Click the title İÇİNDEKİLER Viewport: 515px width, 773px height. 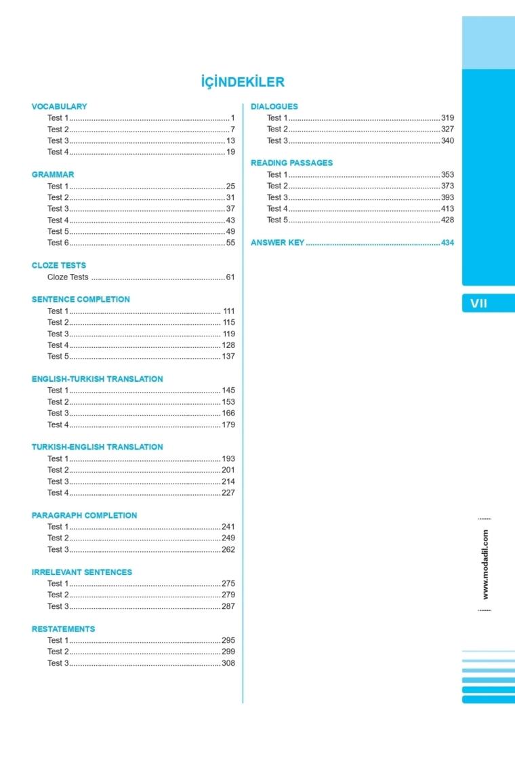pos(243,82)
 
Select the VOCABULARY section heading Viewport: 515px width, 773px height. pos(59,106)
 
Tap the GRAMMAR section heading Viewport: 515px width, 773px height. pos(53,174)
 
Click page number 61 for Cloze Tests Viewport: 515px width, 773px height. pos(230,277)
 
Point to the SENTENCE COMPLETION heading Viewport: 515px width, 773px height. pos(81,299)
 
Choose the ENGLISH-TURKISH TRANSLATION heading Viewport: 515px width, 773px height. pos(97,379)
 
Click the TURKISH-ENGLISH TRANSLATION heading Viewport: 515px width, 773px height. pos(97,447)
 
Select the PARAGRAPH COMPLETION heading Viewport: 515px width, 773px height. pos(84,515)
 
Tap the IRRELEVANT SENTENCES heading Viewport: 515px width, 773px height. pos(82,572)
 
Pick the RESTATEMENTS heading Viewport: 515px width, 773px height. pos(63,629)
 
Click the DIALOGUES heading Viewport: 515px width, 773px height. pos(274,106)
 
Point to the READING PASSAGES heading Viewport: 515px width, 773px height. pos(292,163)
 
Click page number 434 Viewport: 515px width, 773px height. pos(447,243)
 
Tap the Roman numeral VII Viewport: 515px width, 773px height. pos(478,304)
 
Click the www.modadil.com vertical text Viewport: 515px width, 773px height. pos(485,564)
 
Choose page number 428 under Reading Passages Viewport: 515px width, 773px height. pos(447,220)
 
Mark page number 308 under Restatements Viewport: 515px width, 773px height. pos(228,663)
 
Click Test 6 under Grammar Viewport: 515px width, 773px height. pos(58,242)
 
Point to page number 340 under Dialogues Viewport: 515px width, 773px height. pos(447,140)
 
